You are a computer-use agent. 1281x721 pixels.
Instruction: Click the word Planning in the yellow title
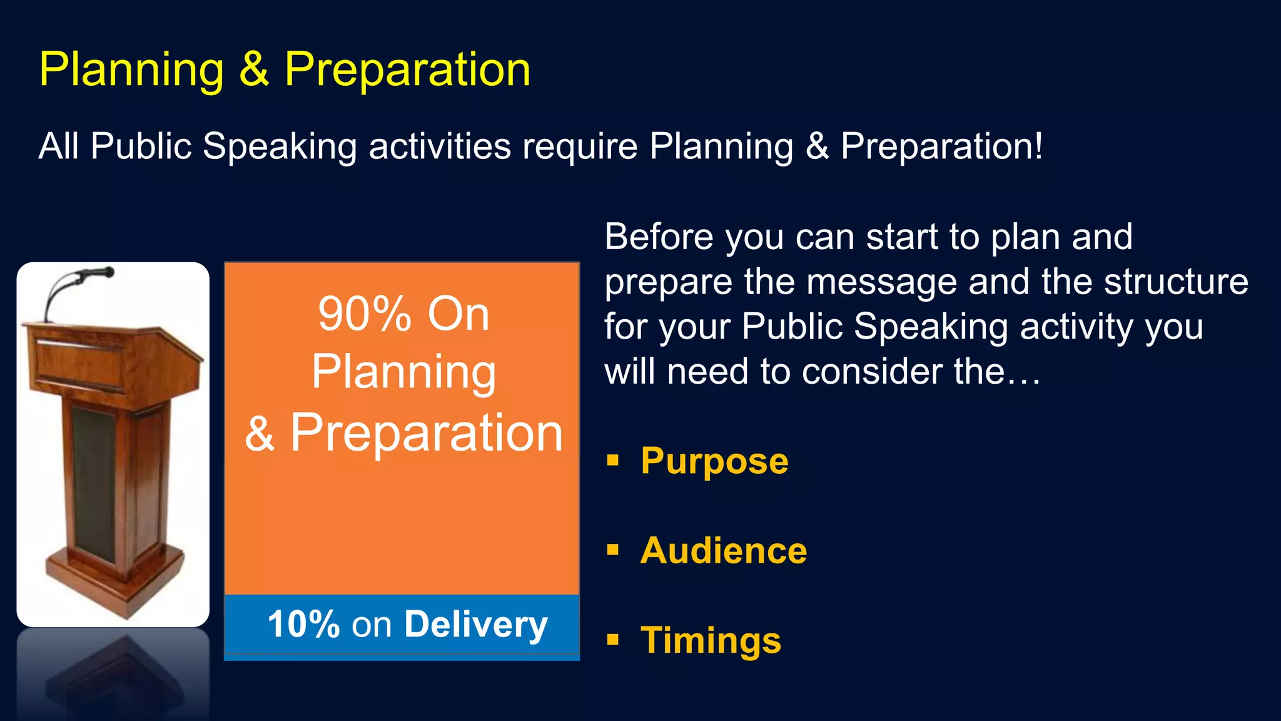click(131, 70)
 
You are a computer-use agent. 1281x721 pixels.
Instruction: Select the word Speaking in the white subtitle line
click(279, 146)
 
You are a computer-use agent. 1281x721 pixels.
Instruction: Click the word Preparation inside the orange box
click(427, 433)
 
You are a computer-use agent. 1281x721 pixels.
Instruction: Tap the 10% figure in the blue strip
click(303, 625)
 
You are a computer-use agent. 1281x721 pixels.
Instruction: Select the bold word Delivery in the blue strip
click(476, 625)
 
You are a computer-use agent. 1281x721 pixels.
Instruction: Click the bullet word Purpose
click(714, 461)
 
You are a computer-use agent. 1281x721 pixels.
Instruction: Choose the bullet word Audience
click(724, 551)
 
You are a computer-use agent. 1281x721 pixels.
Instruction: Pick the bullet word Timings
click(711, 641)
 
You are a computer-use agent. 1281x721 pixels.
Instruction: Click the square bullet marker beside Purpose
click(612, 461)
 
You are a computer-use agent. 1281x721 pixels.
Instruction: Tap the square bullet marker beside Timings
click(612, 640)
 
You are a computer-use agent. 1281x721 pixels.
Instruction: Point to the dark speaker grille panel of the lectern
click(94, 482)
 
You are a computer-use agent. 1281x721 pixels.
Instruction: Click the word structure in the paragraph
click(1176, 282)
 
